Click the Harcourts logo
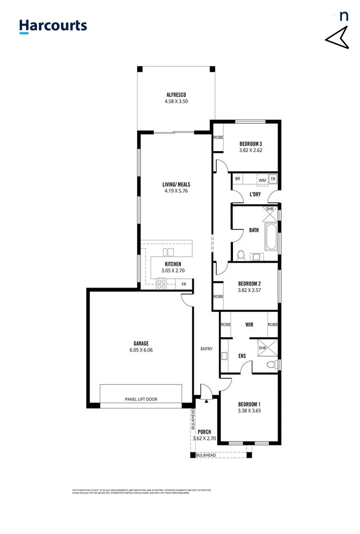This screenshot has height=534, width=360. click(53, 26)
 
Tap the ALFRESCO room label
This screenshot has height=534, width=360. click(176, 94)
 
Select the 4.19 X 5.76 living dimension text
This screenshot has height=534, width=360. click(176, 190)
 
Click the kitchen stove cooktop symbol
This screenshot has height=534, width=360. click(162, 284)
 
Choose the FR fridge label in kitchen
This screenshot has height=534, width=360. click(184, 284)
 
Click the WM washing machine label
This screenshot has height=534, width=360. click(262, 180)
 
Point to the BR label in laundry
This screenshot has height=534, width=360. click(238, 179)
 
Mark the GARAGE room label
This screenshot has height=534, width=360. click(140, 344)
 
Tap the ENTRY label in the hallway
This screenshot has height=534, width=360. click(206, 349)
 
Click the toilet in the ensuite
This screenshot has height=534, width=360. click(271, 365)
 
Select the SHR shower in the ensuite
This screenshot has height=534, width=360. click(264, 348)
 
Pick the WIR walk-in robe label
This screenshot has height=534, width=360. click(249, 325)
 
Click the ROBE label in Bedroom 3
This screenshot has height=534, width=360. click(218, 137)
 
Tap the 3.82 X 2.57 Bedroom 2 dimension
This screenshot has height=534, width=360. click(249, 290)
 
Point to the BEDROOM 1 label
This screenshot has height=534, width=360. click(249, 403)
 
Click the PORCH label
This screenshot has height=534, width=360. click(204, 431)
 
